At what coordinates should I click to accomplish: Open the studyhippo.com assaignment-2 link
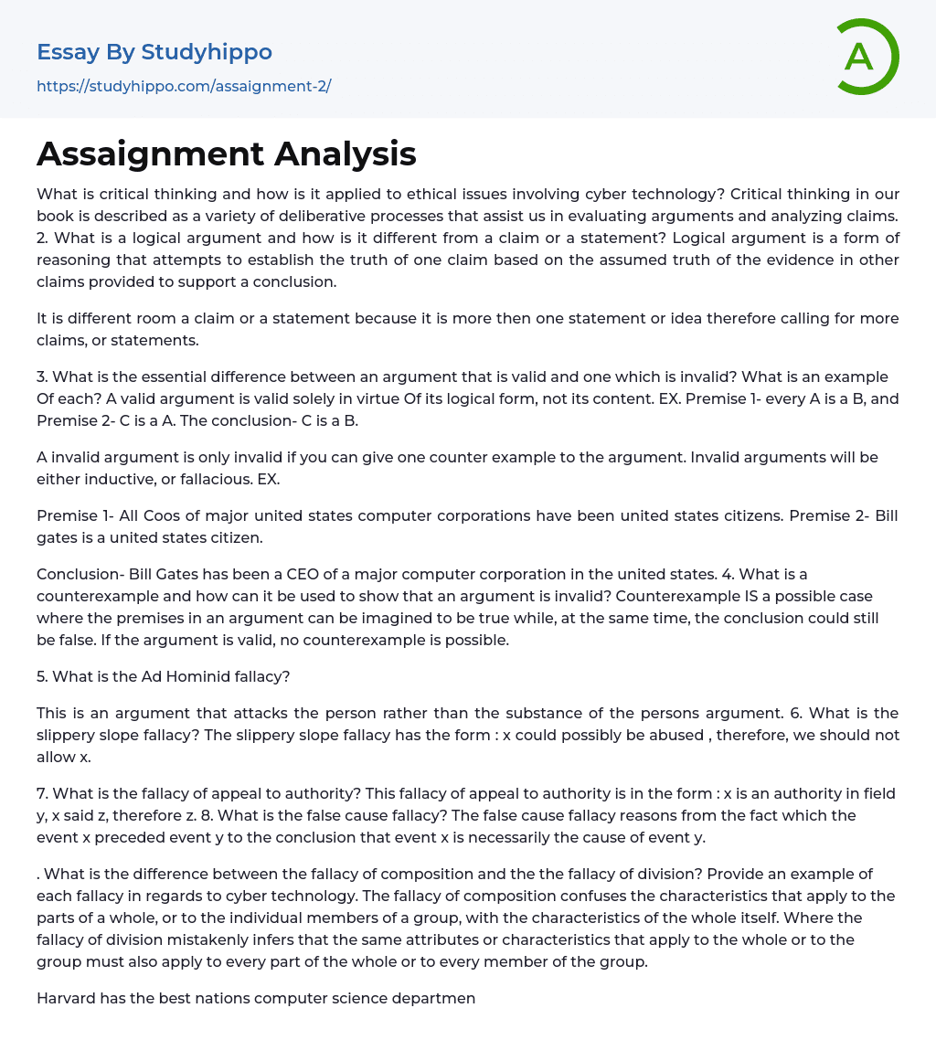click(x=183, y=86)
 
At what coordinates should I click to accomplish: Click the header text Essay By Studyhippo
click(x=154, y=52)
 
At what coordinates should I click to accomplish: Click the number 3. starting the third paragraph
click(x=43, y=377)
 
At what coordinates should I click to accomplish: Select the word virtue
click(x=311, y=398)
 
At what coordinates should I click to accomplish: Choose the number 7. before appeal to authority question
click(x=43, y=793)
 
